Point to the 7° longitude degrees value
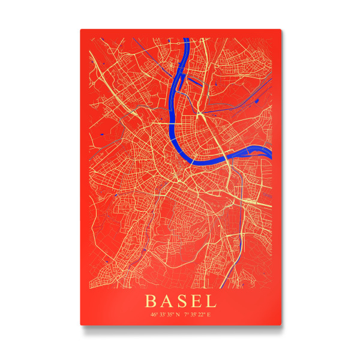click(186, 314)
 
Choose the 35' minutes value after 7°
click(193, 314)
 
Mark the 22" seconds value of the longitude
click(202, 314)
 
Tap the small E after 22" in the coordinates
click(209, 314)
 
